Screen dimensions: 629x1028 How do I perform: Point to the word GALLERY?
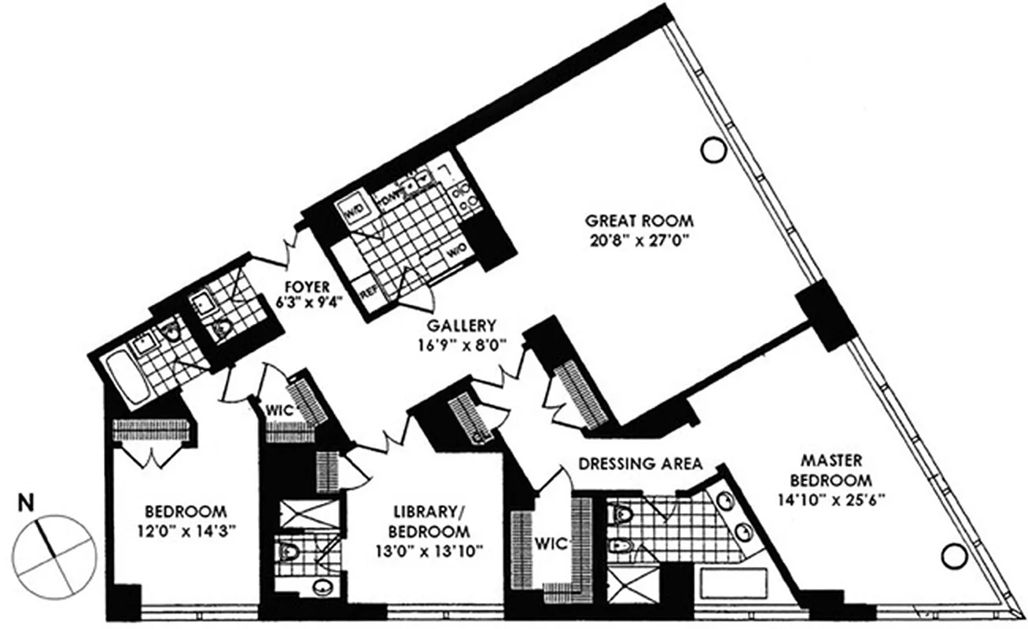point(462,325)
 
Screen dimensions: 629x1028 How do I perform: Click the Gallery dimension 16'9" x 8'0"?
point(462,344)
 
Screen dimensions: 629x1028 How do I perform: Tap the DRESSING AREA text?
point(639,464)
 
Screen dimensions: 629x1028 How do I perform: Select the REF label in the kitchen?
point(369,292)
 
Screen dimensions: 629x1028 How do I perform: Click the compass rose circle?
point(53,554)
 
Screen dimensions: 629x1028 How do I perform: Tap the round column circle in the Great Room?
point(713,149)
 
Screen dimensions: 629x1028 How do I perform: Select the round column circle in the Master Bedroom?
point(952,556)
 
